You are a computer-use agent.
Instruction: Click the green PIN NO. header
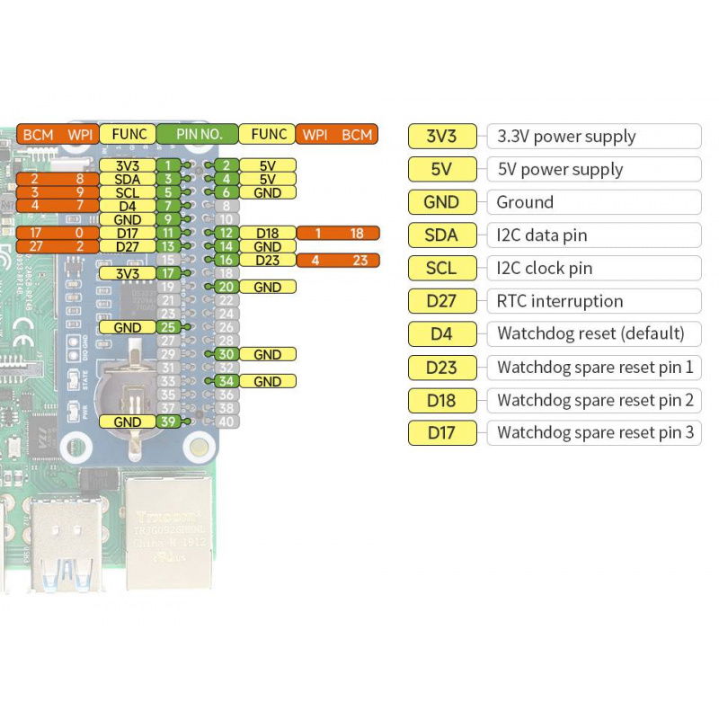pyautogui.click(x=199, y=135)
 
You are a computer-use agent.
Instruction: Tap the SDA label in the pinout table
pyautogui.click(x=128, y=179)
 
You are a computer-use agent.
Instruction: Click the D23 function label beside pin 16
pyautogui.click(x=267, y=261)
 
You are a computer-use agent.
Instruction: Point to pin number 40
pyautogui.click(x=226, y=422)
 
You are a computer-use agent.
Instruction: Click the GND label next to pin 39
pyautogui.click(x=128, y=422)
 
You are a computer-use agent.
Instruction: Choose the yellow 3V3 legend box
pyautogui.click(x=441, y=137)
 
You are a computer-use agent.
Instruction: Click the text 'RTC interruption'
pyautogui.click(x=560, y=301)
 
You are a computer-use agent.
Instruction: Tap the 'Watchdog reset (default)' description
pyautogui.click(x=590, y=333)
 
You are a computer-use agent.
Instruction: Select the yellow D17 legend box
pyautogui.click(x=441, y=432)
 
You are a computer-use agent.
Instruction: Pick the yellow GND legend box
pyautogui.click(x=441, y=202)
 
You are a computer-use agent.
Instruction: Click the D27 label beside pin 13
pyautogui.click(x=128, y=246)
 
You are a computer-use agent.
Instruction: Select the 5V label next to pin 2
pyautogui.click(x=267, y=165)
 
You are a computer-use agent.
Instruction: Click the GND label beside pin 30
pyautogui.click(x=267, y=354)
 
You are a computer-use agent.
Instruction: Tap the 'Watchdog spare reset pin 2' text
pyautogui.click(x=595, y=400)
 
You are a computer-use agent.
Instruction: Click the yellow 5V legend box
pyautogui.click(x=441, y=169)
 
